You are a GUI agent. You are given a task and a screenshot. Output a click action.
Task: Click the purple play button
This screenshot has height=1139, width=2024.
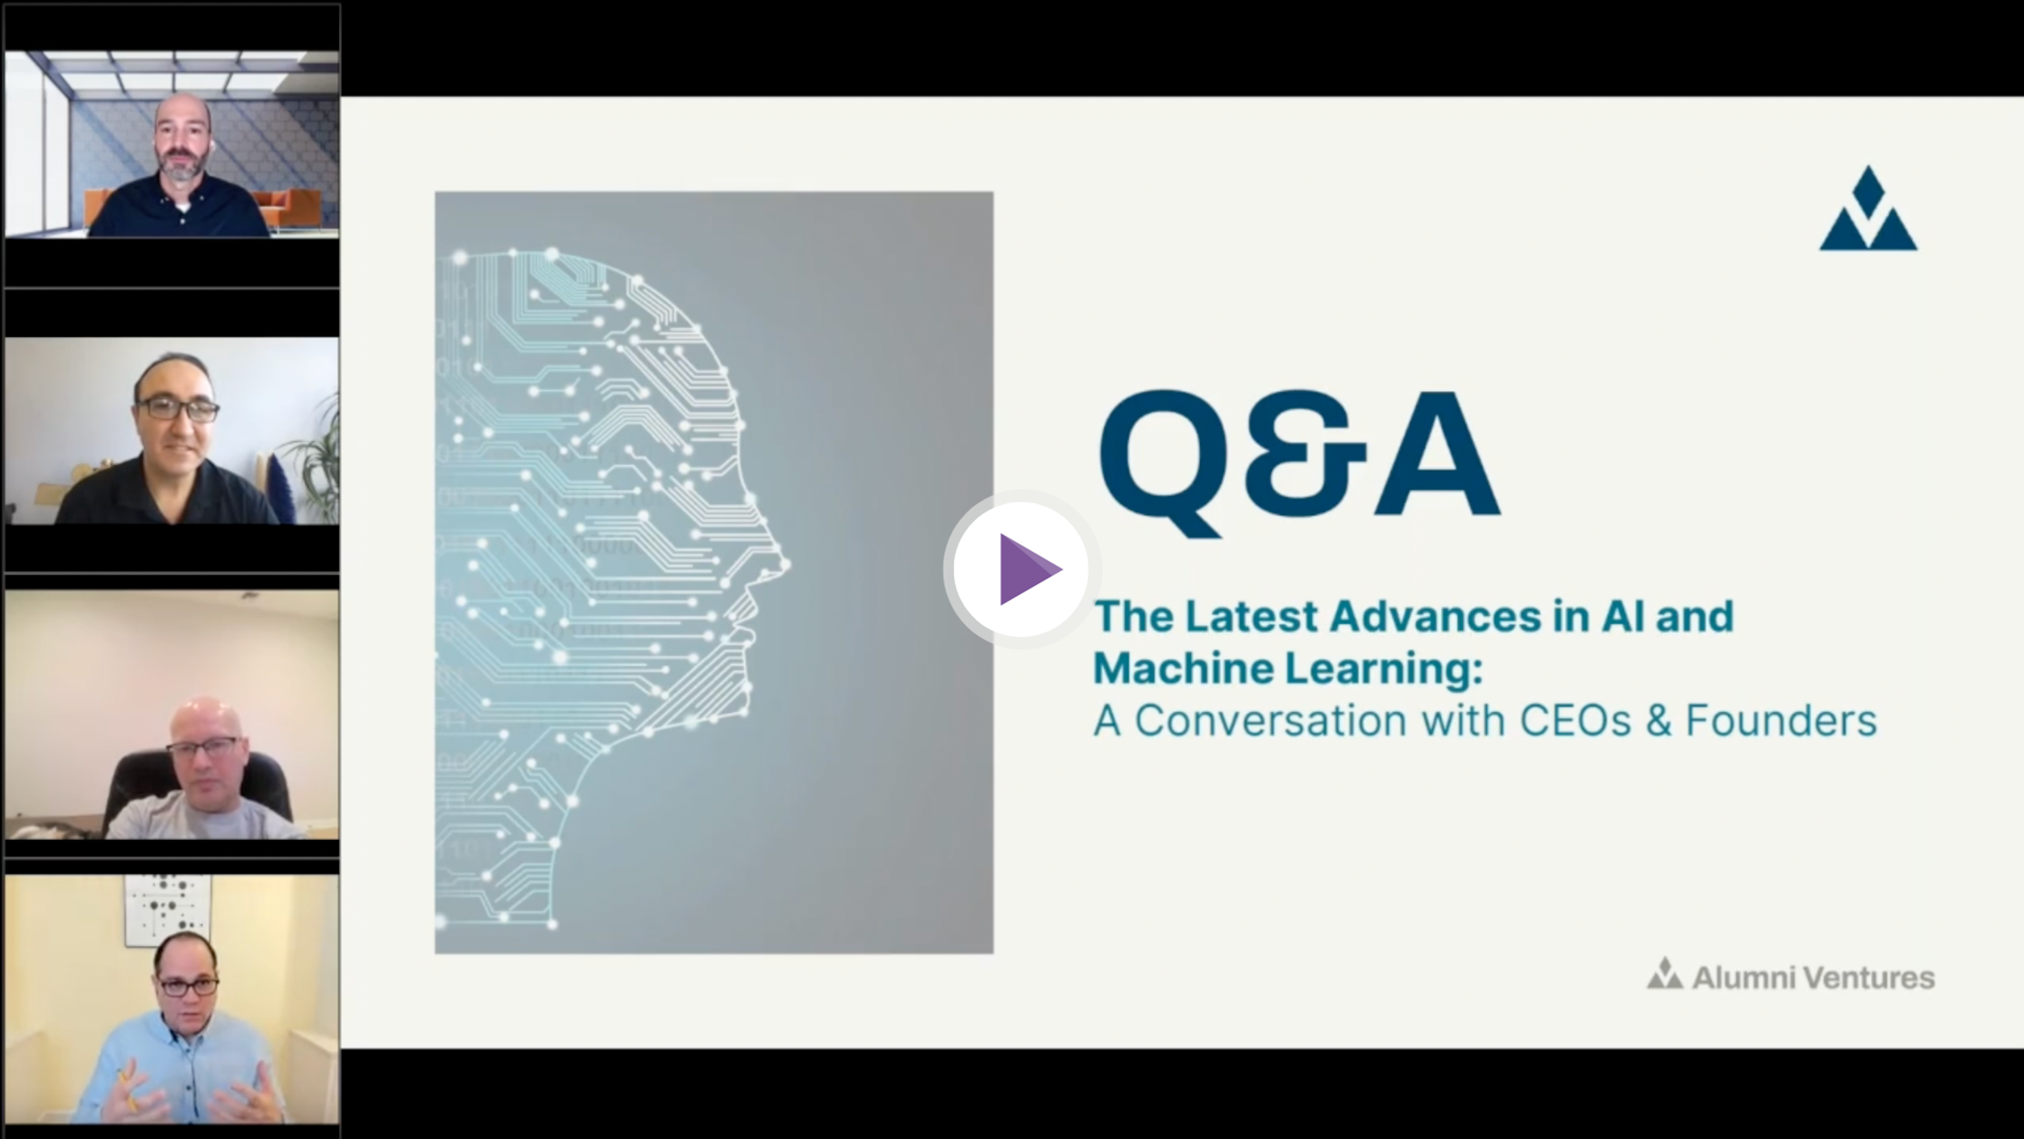tap(1021, 569)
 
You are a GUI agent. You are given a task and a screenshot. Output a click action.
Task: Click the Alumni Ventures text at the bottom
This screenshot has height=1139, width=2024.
tap(1813, 977)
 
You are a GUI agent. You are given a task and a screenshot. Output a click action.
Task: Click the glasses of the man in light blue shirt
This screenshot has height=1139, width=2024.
tap(187, 985)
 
